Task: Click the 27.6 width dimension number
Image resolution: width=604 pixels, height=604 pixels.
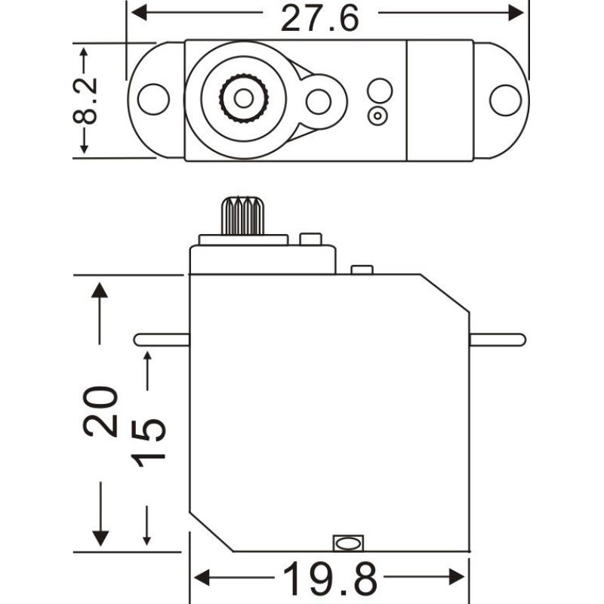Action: [x=320, y=18]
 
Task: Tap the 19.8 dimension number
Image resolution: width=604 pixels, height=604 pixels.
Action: [x=330, y=580]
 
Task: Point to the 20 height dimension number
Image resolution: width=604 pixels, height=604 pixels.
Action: [x=100, y=412]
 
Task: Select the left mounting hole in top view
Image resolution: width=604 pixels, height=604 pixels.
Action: [x=153, y=100]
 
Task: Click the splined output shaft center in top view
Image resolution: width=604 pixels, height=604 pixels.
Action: [x=243, y=98]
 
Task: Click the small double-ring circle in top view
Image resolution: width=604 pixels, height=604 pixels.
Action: [x=377, y=116]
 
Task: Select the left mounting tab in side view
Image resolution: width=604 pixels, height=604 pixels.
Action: [x=161, y=340]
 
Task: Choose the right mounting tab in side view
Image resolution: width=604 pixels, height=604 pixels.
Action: [x=497, y=340]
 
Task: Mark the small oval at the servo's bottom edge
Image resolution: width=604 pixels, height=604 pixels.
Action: [x=347, y=542]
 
